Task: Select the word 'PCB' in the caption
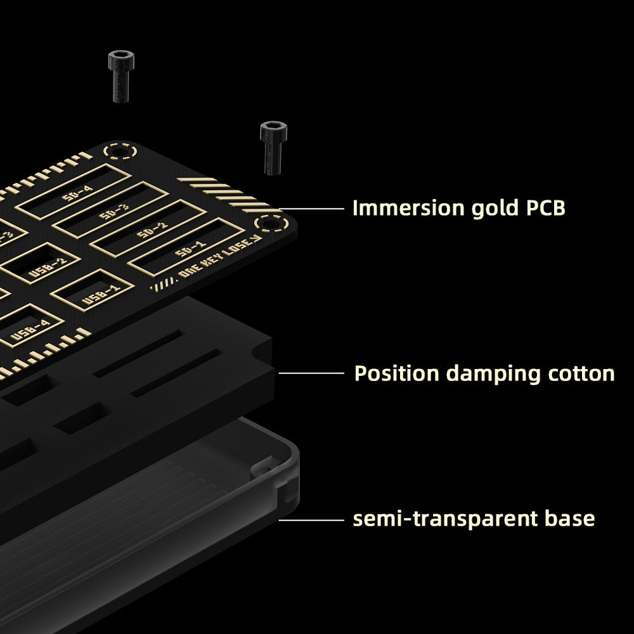[x=545, y=208]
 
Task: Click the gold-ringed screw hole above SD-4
[x=119, y=152]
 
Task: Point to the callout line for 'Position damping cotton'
[x=310, y=373]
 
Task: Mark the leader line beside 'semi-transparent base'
[x=310, y=519]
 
